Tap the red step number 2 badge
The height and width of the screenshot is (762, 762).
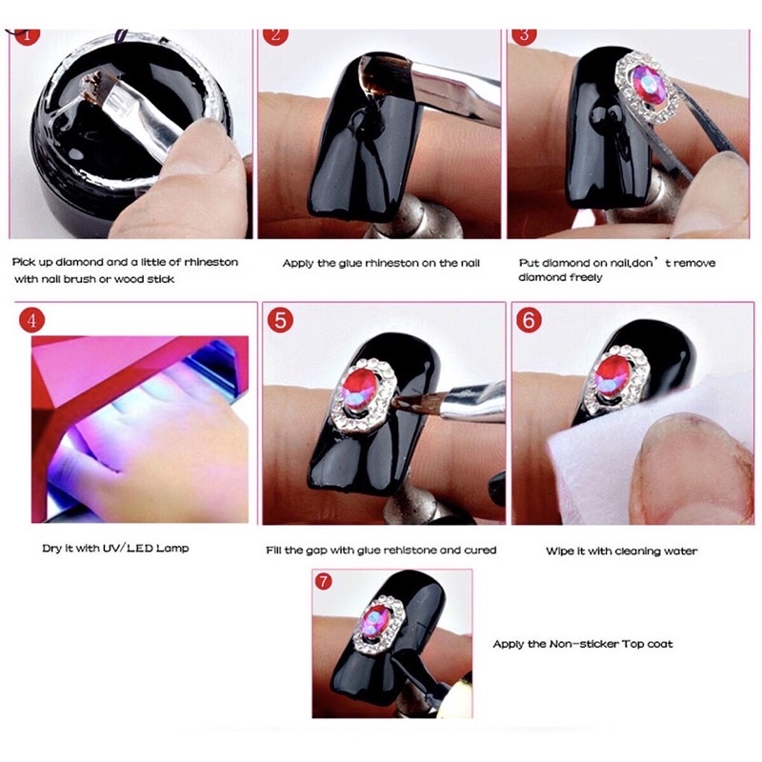(276, 36)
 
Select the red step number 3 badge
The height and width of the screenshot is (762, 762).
(523, 36)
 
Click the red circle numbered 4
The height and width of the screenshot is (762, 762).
(32, 320)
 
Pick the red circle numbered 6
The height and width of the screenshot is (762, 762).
(530, 320)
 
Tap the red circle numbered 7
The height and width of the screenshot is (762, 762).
(325, 580)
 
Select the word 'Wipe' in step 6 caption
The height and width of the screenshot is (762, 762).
(559, 551)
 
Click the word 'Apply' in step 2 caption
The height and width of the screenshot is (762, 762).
(298, 262)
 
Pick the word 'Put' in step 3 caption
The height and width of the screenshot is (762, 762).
(528, 262)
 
